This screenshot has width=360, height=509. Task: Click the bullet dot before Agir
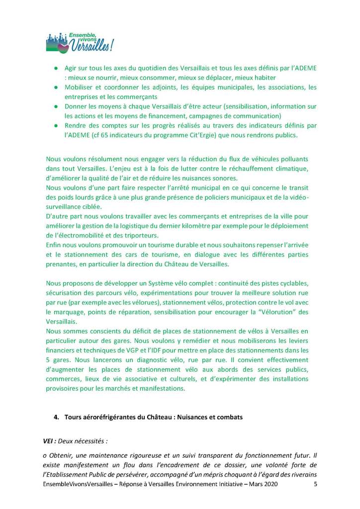click(56, 68)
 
